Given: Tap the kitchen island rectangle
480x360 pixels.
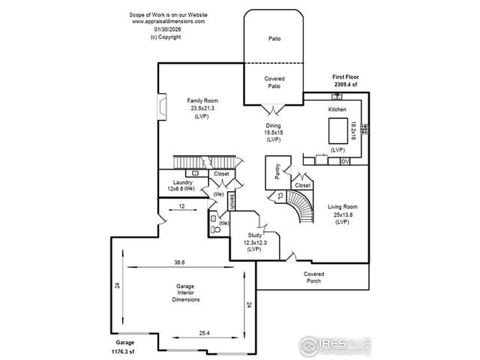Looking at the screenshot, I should [338, 129].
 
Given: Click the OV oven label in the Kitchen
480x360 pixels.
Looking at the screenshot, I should [344, 161].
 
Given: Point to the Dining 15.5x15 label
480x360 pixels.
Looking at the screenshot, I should [272, 133].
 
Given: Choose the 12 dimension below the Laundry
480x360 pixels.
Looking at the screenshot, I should [181, 205].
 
